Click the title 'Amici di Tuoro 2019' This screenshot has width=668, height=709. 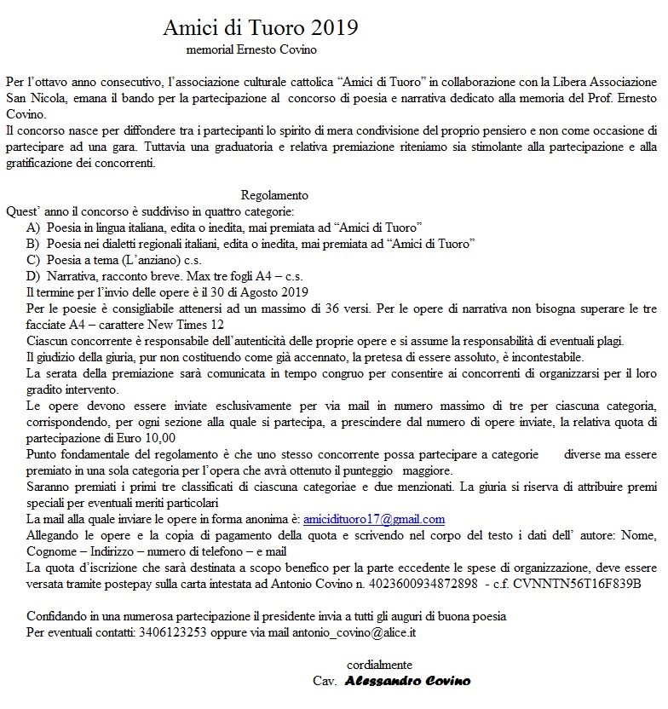coord(261,27)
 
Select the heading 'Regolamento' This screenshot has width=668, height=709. coord(274,195)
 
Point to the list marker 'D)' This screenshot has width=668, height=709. coord(33,276)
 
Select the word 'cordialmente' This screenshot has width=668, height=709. coord(380,665)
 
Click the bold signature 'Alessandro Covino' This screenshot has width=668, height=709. coord(407,682)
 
